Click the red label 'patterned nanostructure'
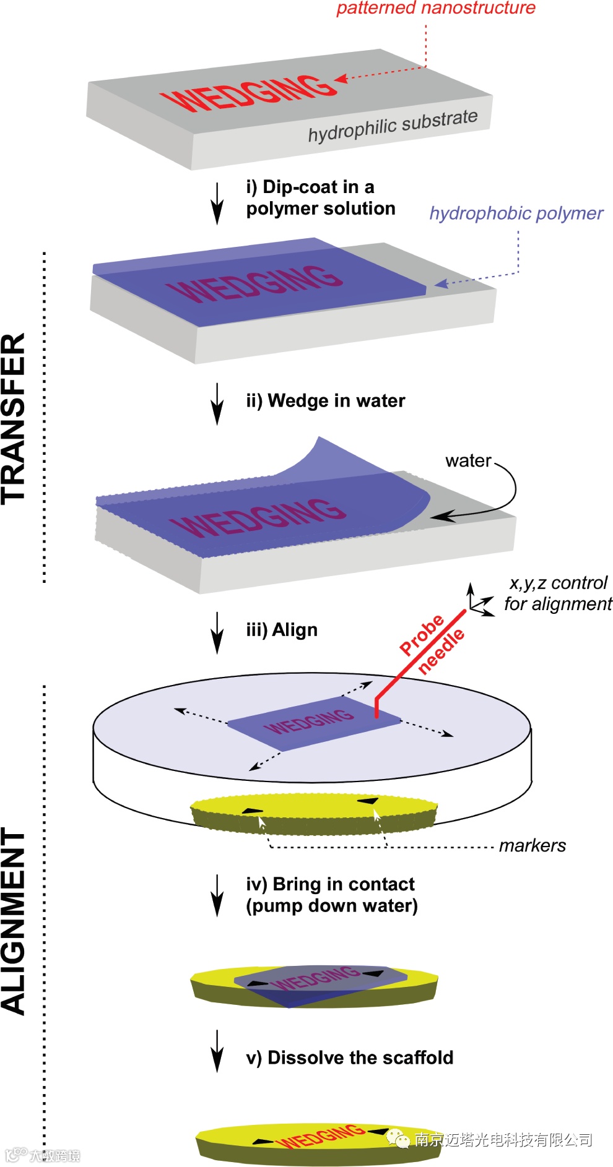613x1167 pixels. pyautogui.click(x=435, y=8)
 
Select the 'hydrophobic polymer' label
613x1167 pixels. pyautogui.click(x=516, y=213)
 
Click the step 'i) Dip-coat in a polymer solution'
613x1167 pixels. pyautogui.click(x=320, y=197)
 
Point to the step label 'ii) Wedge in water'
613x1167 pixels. pyautogui.click(x=325, y=401)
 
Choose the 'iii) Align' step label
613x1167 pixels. pyautogui.click(x=282, y=630)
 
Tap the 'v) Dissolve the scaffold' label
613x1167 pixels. pyautogui.click(x=349, y=1057)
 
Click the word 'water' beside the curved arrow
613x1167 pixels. pyautogui.click(x=468, y=460)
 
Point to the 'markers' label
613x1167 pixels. pyautogui.click(x=533, y=845)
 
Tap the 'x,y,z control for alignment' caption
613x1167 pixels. pyautogui.click(x=558, y=593)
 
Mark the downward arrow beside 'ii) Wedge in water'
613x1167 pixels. pyautogui.click(x=217, y=403)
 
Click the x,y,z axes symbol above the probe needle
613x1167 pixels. pyautogui.click(x=477, y=601)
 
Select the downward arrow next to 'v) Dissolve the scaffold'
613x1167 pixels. pyautogui.click(x=217, y=1051)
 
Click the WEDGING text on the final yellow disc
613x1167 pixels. pyautogui.click(x=320, y=1135)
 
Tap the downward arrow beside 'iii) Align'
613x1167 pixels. pyautogui.click(x=217, y=632)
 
